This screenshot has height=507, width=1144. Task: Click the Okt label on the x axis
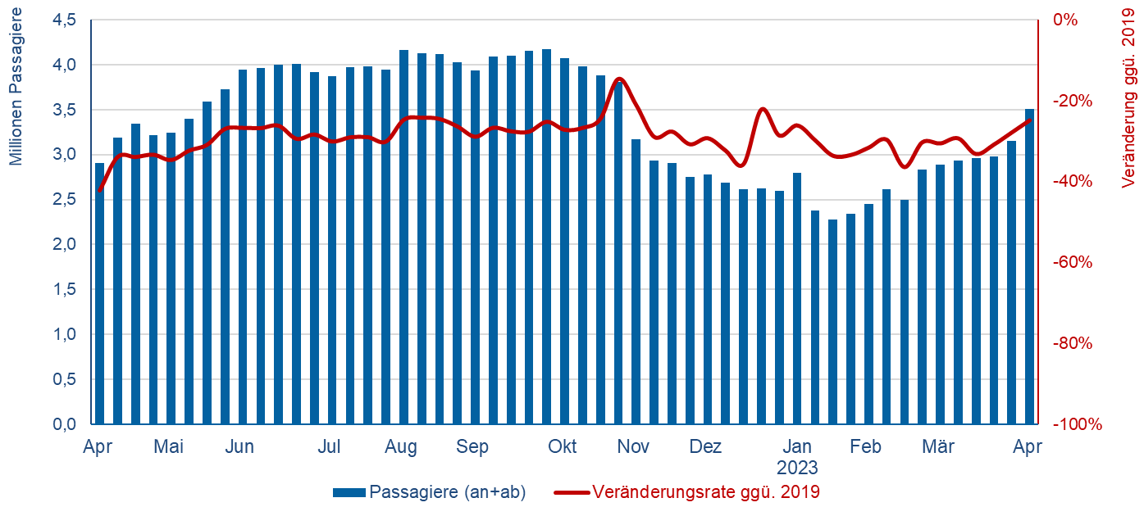tap(562, 447)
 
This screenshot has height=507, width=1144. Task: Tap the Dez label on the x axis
tap(704, 447)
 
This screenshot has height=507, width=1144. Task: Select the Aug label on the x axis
tap(401, 447)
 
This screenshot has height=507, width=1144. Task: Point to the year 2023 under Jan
tap(797, 469)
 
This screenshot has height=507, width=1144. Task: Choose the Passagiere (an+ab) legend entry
tap(447, 492)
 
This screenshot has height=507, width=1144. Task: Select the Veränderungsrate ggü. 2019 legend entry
tap(705, 492)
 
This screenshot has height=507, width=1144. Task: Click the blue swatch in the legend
tap(349, 493)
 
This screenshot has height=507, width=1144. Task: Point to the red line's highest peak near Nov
tap(619, 79)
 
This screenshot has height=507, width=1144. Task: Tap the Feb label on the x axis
tap(865, 447)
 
